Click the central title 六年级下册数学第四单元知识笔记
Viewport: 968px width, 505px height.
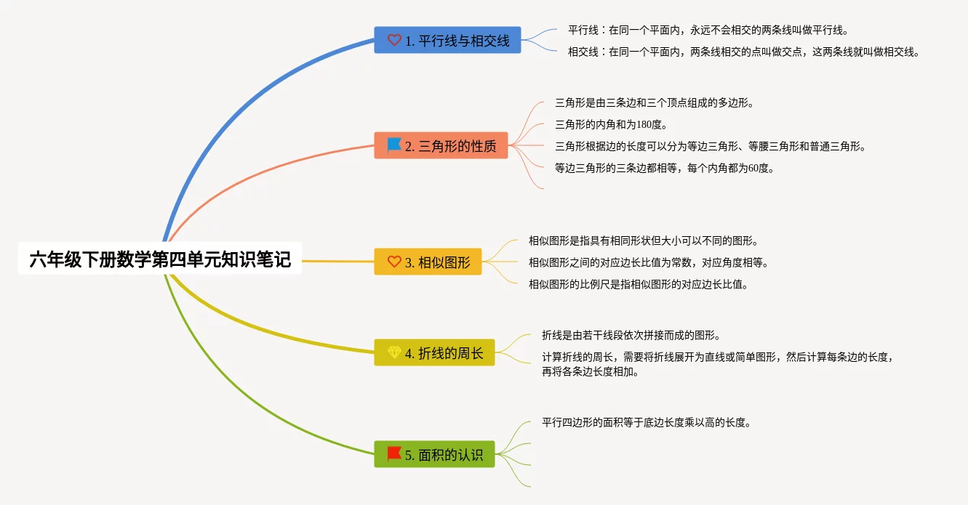coord(160,259)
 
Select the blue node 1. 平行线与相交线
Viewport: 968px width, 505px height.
coord(447,40)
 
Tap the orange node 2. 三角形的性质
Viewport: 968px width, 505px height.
coord(441,145)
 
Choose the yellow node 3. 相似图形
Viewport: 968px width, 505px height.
coord(428,262)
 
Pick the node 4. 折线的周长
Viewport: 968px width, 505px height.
coord(434,352)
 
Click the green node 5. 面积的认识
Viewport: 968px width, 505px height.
coord(434,454)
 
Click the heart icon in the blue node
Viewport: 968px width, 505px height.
coord(394,40)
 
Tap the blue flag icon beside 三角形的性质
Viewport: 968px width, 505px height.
coord(394,145)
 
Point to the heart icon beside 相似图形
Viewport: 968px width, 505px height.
coord(394,262)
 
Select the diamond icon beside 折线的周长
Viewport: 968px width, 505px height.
coord(394,352)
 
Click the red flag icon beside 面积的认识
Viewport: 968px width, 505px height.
coord(394,453)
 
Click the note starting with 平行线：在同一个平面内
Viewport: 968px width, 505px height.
coord(708,31)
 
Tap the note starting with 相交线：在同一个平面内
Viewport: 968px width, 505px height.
coord(744,52)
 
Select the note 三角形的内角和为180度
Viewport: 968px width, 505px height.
coord(612,125)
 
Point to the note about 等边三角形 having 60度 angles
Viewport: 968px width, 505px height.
coord(665,168)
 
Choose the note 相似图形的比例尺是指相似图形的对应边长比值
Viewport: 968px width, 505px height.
coord(639,284)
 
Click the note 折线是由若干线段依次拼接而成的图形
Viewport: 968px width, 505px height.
coord(631,335)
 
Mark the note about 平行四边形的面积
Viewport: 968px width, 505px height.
coord(647,422)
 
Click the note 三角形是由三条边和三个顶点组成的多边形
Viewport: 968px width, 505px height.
coord(655,102)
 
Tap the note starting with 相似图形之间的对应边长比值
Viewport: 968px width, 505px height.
coord(649,262)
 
